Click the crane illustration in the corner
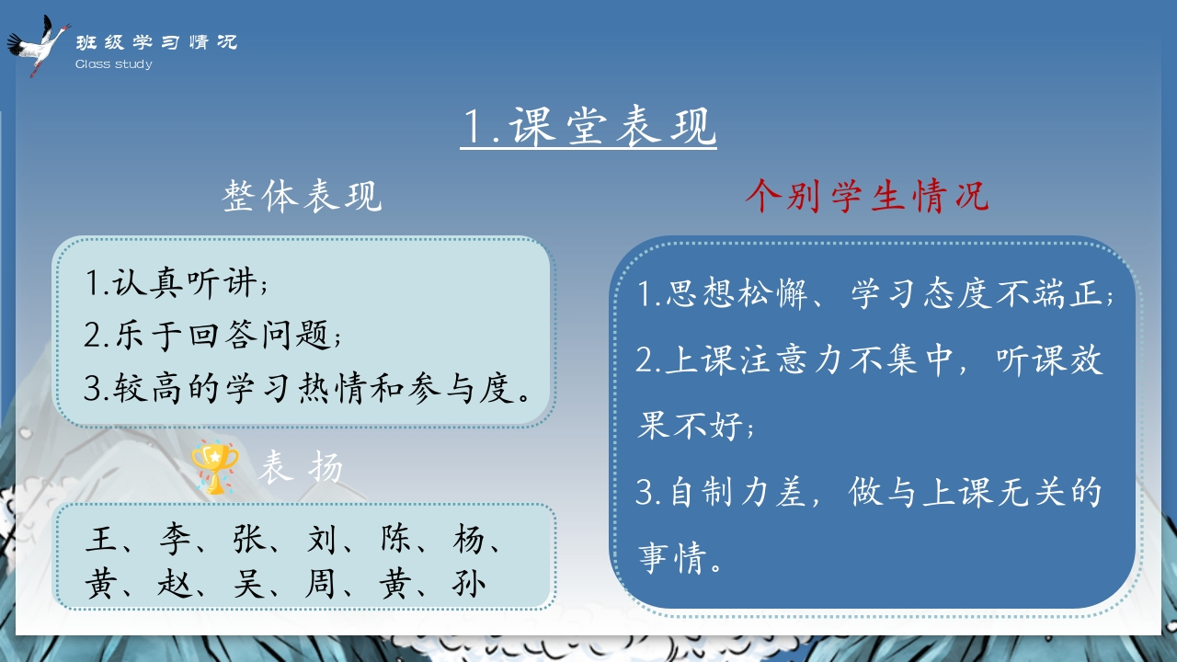38,46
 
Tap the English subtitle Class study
114,64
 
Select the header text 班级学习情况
156,42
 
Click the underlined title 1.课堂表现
588,126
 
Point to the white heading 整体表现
303,196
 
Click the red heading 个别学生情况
867,196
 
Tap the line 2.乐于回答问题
212,335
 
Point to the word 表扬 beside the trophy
301,466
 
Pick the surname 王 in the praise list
100,539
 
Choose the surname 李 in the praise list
175,539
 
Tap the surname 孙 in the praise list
468,583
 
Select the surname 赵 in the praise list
175,583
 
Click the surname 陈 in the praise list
395,539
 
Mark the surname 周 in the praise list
320,583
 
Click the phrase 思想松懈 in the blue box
737,293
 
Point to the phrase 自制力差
737,492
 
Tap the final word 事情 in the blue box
672,557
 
